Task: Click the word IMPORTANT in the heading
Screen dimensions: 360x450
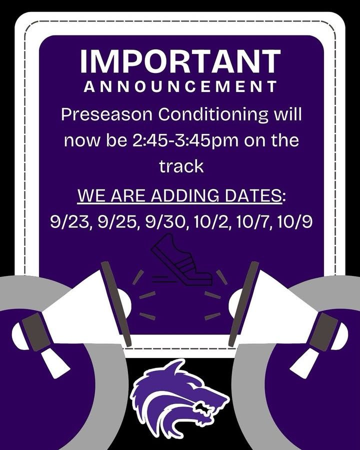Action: coord(180,61)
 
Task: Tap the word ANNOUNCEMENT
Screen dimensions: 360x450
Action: coord(180,86)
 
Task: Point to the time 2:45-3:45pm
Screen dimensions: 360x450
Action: coord(185,141)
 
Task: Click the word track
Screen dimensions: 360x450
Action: coord(181,166)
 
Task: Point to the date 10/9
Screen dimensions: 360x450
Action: coord(295,221)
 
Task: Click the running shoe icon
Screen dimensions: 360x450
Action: coord(181,259)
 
